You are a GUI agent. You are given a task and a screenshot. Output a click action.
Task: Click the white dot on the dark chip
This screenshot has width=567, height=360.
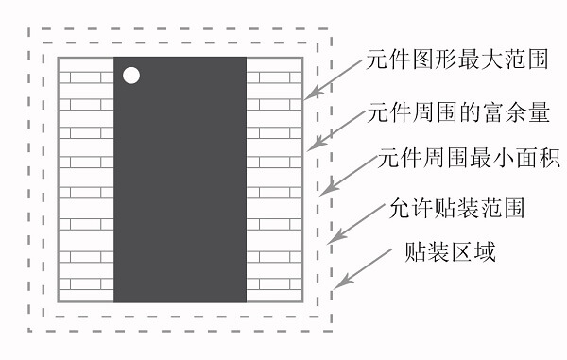coord(131,75)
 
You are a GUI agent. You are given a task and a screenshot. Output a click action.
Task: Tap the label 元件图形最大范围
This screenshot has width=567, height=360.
coord(457,62)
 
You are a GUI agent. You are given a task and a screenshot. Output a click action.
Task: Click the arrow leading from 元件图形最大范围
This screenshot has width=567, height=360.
coord(335,81)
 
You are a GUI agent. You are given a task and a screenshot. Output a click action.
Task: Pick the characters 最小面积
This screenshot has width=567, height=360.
coord(511,159)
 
